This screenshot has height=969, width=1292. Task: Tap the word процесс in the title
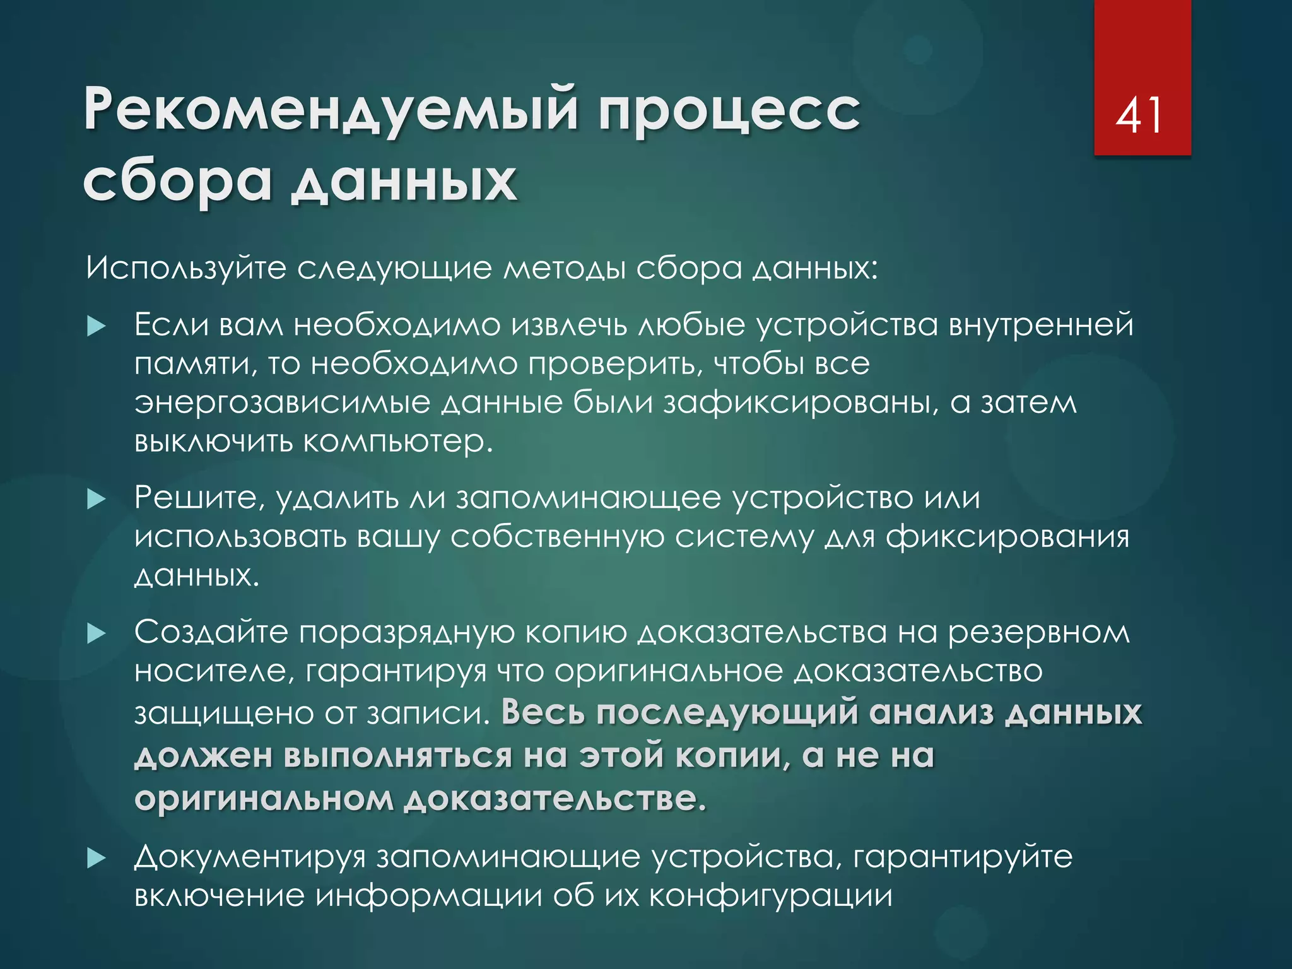click(x=729, y=111)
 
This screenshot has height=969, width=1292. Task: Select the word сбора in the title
click(x=177, y=182)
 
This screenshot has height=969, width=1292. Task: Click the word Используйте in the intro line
click(x=186, y=269)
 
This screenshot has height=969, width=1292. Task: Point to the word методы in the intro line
click(x=564, y=269)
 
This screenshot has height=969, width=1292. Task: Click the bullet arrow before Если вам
click(x=96, y=326)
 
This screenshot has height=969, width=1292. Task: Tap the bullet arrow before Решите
click(x=96, y=500)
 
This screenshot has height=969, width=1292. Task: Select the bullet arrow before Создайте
click(x=96, y=633)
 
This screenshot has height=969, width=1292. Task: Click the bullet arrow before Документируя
click(x=96, y=858)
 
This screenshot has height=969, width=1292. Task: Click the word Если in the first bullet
click(x=171, y=326)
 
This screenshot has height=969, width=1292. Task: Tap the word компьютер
click(x=397, y=442)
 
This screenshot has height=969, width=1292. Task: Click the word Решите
click(x=196, y=499)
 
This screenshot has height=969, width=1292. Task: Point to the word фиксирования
click(x=1007, y=538)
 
